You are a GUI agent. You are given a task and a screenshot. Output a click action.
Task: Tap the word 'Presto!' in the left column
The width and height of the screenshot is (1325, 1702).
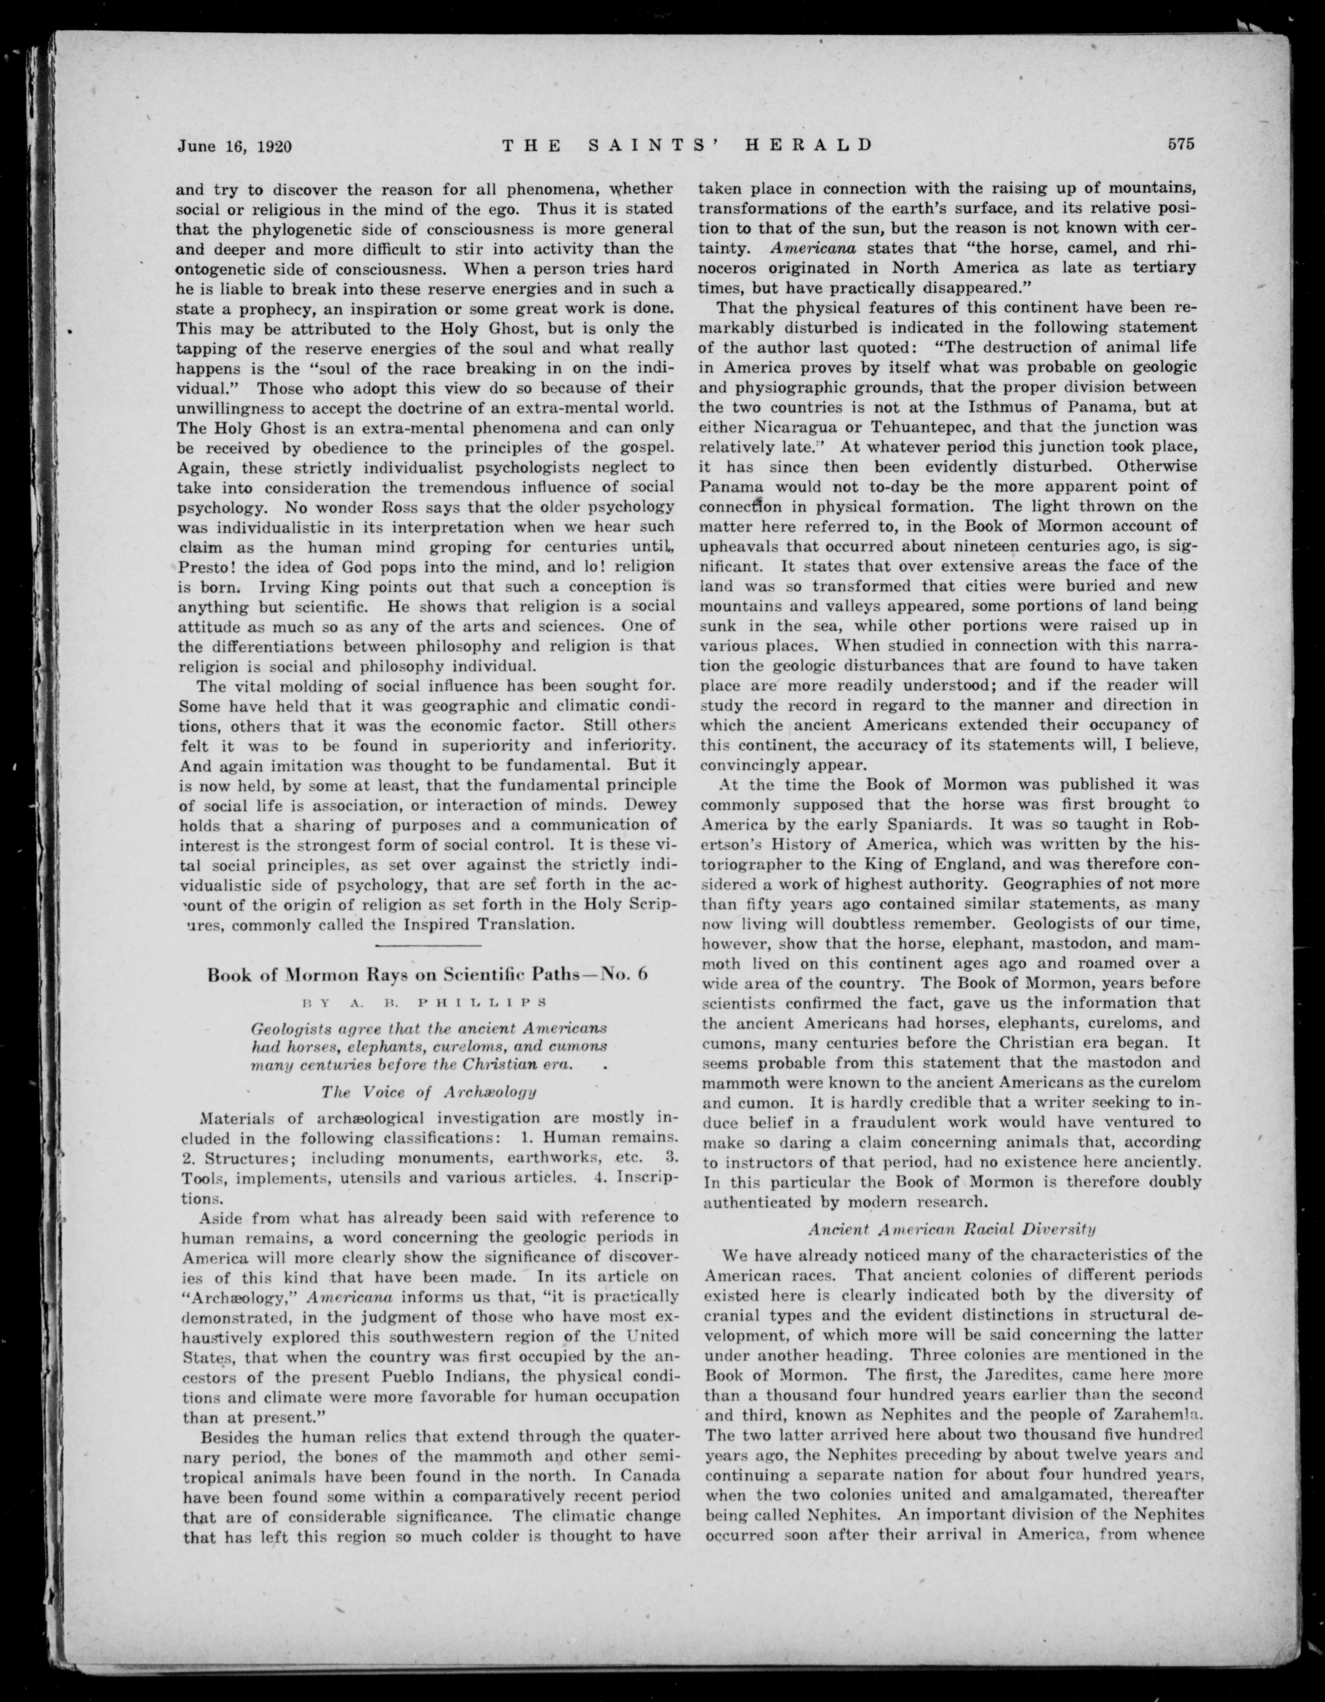(x=207, y=567)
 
